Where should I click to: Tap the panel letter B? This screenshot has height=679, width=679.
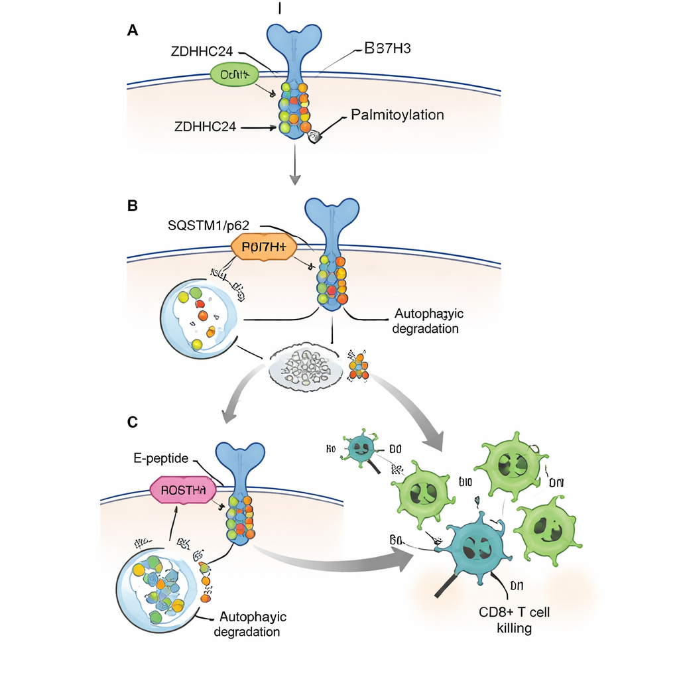pyautogui.click(x=132, y=206)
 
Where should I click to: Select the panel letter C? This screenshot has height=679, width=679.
pyautogui.click(x=133, y=422)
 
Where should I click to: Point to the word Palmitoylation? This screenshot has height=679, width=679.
pyautogui.click(x=397, y=115)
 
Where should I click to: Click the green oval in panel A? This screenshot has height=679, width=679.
pyautogui.click(x=233, y=75)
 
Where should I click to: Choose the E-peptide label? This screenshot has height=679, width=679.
pyautogui.click(x=160, y=458)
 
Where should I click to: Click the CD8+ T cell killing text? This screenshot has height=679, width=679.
pyautogui.click(x=514, y=619)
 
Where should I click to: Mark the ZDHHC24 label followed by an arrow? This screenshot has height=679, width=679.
pyautogui.click(x=205, y=127)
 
